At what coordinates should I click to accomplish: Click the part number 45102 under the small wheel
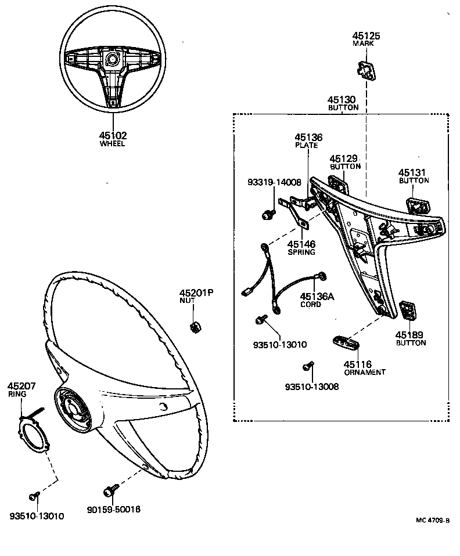(x=113, y=135)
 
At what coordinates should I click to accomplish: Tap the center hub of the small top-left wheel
(x=112, y=59)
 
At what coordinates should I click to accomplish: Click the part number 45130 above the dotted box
(x=343, y=100)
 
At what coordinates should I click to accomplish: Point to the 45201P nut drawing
(x=196, y=326)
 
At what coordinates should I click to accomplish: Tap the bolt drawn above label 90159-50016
(x=110, y=491)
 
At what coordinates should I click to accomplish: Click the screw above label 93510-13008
(x=307, y=366)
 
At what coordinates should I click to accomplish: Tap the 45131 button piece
(x=417, y=206)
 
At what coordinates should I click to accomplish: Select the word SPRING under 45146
(x=301, y=252)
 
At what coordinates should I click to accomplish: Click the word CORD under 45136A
(x=310, y=304)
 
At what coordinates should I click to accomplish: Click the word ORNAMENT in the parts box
(x=365, y=372)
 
